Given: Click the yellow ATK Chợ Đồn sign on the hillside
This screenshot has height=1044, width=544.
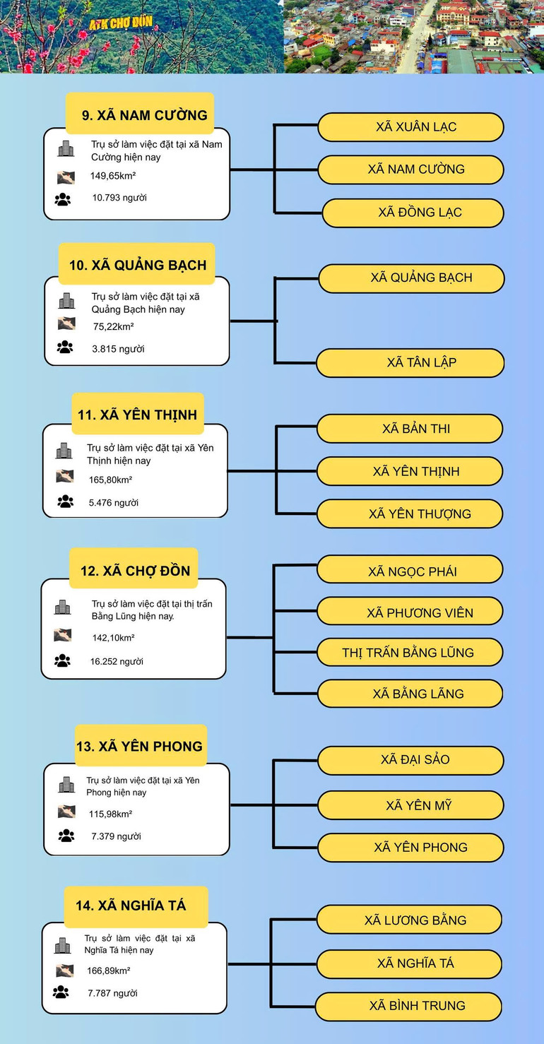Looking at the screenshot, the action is pyautogui.click(x=121, y=23).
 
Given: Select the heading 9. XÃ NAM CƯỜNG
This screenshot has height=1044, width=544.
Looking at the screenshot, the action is pyautogui.click(x=145, y=115).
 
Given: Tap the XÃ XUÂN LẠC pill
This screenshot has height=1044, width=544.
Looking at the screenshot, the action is pyautogui.click(x=410, y=126).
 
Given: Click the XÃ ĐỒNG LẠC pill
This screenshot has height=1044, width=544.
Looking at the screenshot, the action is pyautogui.click(x=413, y=213).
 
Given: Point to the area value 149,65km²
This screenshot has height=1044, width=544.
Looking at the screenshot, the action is pyautogui.click(x=113, y=176).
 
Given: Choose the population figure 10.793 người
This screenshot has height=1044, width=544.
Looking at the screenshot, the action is pyautogui.click(x=119, y=198).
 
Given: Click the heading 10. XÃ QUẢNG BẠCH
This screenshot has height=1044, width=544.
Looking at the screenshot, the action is pyautogui.click(x=138, y=265).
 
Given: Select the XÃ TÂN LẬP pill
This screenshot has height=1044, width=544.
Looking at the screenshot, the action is pyautogui.click(x=410, y=362).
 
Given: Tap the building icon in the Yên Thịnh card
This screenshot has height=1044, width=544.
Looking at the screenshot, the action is pyautogui.click(x=64, y=451).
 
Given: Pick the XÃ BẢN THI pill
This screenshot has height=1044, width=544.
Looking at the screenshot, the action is pyautogui.click(x=410, y=429).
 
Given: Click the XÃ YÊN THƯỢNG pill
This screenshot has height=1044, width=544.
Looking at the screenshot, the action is pyautogui.click(x=410, y=514).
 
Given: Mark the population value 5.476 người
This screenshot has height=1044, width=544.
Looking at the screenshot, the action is pyautogui.click(x=114, y=503).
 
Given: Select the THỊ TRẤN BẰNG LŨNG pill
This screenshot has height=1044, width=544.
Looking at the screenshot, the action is pyautogui.click(x=410, y=653).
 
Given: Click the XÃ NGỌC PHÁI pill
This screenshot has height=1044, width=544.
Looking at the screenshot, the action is pyautogui.click(x=410, y=569).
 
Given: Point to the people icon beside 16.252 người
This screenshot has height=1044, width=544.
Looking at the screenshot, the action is pyautogui.click(x=62, y=660).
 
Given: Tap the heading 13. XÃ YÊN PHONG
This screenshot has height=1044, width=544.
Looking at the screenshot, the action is pyautogui.click(x=139, y=746).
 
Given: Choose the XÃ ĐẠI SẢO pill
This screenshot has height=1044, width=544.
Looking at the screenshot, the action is pyautogui.click(x=410, y=760).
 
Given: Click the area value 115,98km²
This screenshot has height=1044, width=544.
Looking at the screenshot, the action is pyautogui.click(x=110, y=814).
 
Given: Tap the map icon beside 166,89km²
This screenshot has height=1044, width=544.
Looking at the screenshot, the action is pyautogui.click(x=65, y=971).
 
